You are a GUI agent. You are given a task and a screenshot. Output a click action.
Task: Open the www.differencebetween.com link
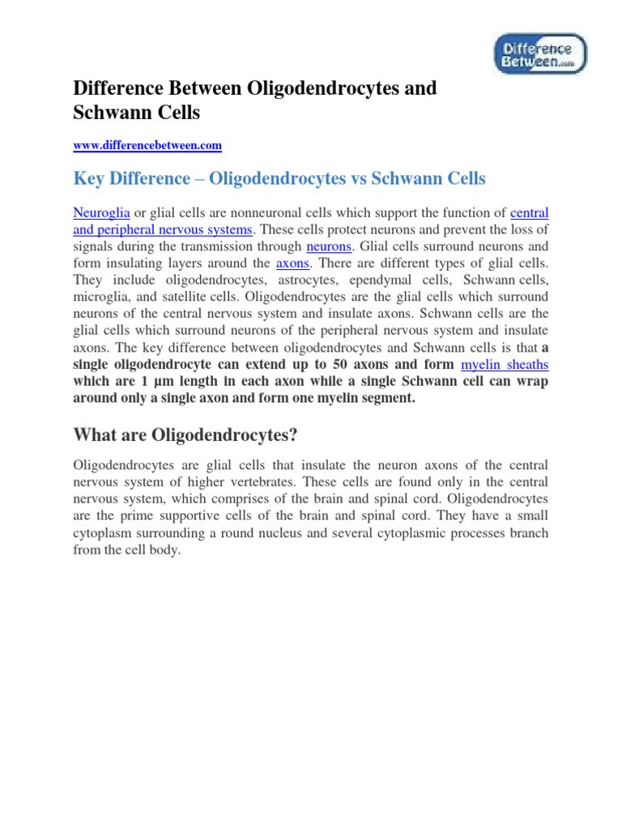(x=147, y=146)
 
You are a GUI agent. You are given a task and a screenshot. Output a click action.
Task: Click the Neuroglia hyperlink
(x=101, y=213)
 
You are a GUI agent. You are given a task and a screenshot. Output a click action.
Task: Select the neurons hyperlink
(x=329, y=246)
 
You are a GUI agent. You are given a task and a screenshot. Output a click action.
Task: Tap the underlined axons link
(x=293, y=263)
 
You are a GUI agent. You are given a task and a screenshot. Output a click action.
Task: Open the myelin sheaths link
(x=505, y=366)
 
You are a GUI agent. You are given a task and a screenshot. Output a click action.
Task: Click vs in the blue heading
(x=351, y=178)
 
